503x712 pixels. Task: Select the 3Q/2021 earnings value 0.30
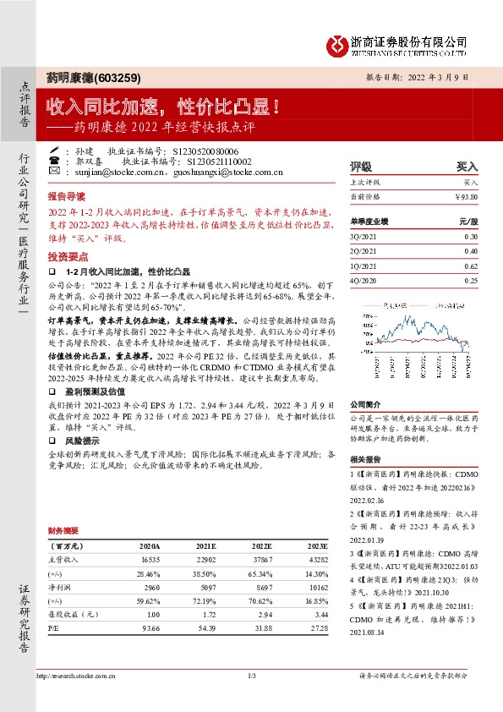(470, 237)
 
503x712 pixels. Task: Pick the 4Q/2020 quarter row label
(366, 280)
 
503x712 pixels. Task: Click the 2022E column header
(260, 546)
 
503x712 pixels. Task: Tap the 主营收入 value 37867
(260, 560)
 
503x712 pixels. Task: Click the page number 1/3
(251, 675)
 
